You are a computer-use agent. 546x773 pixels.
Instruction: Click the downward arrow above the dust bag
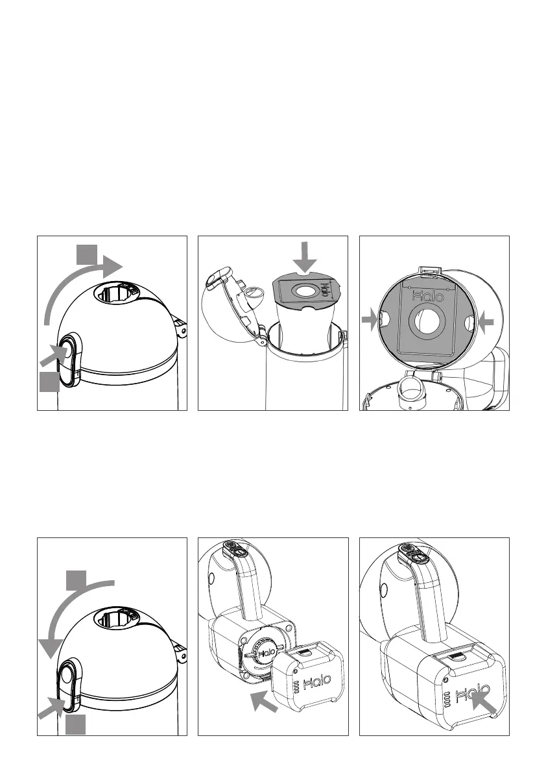304,255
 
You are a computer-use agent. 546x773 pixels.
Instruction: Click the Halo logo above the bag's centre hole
428,296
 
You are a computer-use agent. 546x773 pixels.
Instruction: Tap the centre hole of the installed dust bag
427,323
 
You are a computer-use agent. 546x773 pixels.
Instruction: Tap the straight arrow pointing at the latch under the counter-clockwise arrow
50,709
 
